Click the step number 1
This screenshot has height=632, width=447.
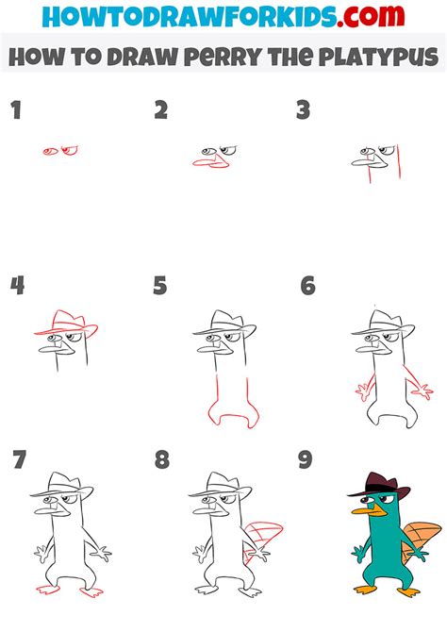pyautogui.click(x=15, y=110)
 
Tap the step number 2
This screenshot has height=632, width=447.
pyautogui.click(x=160, y=110)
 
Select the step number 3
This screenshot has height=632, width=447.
pyautogui.click(x=303, y=110)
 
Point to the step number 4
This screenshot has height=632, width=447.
pyautogui.click(x=16, y=286)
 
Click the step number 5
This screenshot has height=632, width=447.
pyautogui.click(x=160, y=286)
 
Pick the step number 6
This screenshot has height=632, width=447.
pyautogui.click(x=307, y=286)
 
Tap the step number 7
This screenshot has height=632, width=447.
pyautogui.click(x=19, y=460)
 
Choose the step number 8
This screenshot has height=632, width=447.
pyautogui.click(x=162, y=460)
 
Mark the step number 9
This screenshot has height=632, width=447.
pyautogui.click(x=305, y=460)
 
